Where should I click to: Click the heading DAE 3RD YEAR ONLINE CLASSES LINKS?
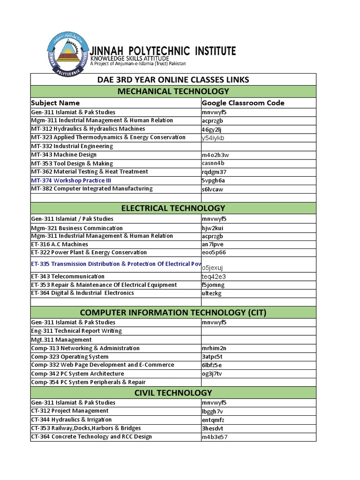[173, 80]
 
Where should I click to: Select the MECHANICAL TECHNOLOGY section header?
[173, 91]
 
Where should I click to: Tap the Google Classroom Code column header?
[243, 103]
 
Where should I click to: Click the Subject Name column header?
[55, 103]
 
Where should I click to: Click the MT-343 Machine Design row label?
[64, 155]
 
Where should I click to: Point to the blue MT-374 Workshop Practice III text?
[71, 180]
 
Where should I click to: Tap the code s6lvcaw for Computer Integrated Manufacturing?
[213, 189]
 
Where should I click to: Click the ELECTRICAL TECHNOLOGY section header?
[173, 208]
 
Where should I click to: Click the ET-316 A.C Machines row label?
[60, 244]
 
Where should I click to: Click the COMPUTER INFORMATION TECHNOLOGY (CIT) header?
[173, 312]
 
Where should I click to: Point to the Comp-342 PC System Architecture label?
[77, 374]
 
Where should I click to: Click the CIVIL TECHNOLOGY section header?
[173, 392]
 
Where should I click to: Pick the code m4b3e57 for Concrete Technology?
[215, 437]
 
